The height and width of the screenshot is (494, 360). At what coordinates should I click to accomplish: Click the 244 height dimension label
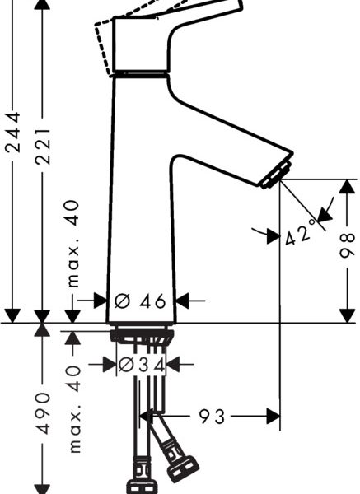coord(13,132)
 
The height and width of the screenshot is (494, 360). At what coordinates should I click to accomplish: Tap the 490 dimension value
coord(42,413)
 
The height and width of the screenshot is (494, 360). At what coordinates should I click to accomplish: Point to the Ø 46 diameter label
coord(140,301)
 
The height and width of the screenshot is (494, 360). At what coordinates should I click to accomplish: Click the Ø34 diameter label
coord(142,365)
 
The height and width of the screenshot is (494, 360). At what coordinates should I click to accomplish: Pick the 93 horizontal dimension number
coord(212,417)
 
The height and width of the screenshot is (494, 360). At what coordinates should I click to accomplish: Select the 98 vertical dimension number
coord(347,245)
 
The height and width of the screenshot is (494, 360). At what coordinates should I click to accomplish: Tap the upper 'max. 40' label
coord(73,244)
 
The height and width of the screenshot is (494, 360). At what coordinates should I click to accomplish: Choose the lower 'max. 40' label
coord(74,409)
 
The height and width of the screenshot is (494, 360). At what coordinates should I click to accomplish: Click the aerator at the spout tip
coord(275,175)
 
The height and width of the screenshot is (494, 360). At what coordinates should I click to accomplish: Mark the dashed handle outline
coord(104,47)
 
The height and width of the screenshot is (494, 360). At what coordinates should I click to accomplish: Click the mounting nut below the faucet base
coord(142,336)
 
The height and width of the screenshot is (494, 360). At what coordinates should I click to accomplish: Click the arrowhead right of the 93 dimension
coord(273,417)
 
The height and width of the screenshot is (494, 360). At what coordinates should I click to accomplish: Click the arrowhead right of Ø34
coord(172,365)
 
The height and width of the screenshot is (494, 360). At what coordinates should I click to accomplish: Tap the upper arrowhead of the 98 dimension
coord(347,187)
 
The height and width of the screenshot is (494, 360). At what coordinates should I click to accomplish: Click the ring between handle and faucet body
coord(140,74)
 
